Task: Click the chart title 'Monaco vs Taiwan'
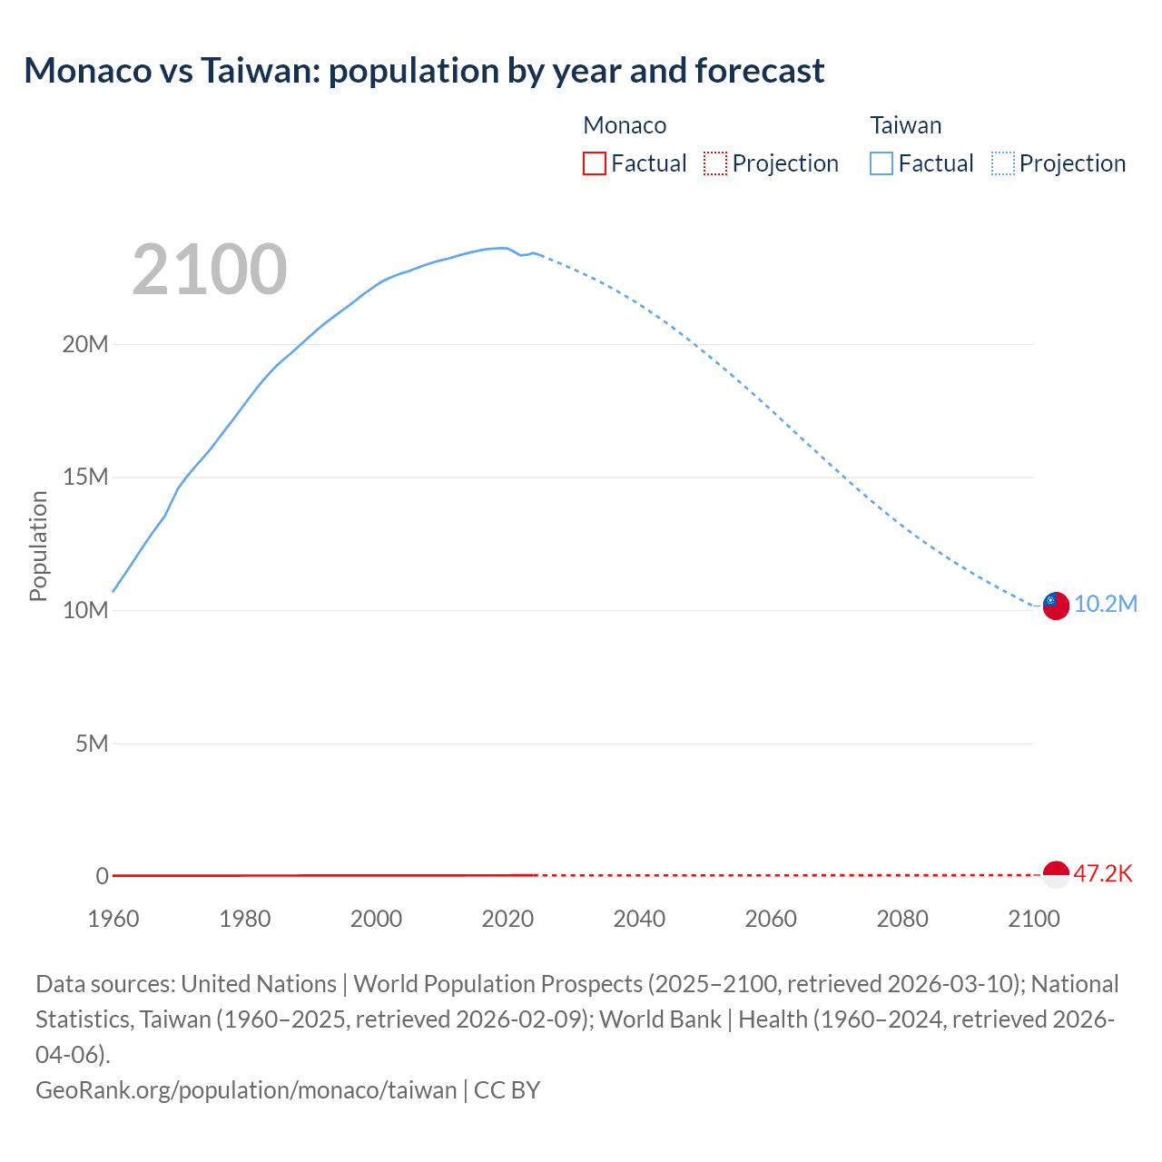click(424, 70)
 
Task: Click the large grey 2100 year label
click(210, 270)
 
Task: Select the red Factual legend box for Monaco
click(594, 163)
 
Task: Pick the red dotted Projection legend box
click(715, 163)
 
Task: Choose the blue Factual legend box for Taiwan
click(881, 163)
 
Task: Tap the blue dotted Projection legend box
click(1003, 163)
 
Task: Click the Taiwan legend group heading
click(905, 125)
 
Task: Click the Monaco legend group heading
click(625, 125)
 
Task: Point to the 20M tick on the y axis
click(85, 344)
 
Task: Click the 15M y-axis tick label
click(85, 478)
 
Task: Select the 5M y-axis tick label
click(91, 743)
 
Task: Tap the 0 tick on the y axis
click(102, 876)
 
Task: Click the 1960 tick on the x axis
click(113, 919)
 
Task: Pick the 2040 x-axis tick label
click(639, 919)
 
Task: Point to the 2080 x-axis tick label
click(902, 919)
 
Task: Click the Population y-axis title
click(38, 546)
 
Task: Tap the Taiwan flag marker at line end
click(1056, 606)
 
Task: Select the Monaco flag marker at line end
click(1056, 874)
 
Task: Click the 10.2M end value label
click(1106, 605)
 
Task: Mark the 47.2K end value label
click(1103, 874)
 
